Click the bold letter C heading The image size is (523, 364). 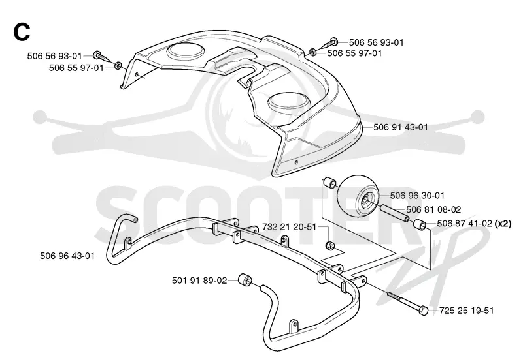[22, 32]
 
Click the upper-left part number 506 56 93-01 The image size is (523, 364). [54, 56]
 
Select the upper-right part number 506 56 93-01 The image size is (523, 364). [377, 42]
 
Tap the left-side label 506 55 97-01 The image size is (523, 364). [76, 68]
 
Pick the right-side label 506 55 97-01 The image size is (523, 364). [354, 53]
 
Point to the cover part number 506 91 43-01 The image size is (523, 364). [400, 127]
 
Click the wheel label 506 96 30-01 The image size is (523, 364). [417, 195]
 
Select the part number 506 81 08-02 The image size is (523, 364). [433, 209]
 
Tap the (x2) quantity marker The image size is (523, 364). [503, 224]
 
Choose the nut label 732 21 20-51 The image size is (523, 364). [289, 227]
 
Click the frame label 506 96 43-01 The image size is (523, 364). [67, 256]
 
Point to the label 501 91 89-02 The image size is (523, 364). [199, 281]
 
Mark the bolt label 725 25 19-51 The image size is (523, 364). [466, 311]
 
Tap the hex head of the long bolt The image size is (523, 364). [423, 311]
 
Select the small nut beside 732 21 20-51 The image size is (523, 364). [330, 245]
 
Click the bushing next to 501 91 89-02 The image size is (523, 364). [245, 281]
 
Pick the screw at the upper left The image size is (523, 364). [102, 57]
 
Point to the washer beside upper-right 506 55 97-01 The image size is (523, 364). [314, 52]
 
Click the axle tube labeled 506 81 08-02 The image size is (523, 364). [394, 213]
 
